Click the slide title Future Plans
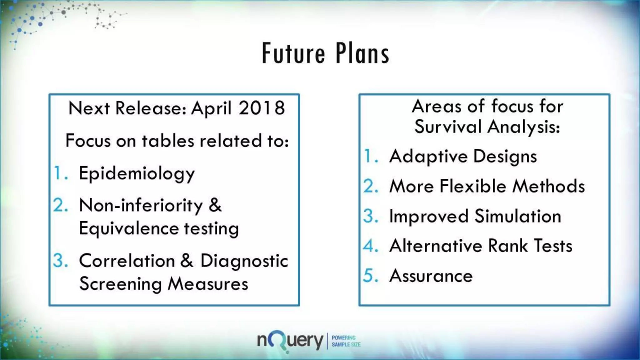(x=325, y=53)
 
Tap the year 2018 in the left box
(x=262, y=108)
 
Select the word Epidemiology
(x=137, y=174)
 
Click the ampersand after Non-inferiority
(x=215, y=205)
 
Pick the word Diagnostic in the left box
(x=244, y=261)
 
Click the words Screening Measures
(x=163, y=284)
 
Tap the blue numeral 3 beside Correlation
(x=60, y=261)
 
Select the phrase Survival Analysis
(x=487, y=127)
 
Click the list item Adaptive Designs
(x=463, y=156)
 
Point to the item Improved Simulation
(x=475, y=216)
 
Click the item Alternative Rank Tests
(x=481, y=246)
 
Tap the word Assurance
(x=431, y=276)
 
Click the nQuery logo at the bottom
(x=290, y=341)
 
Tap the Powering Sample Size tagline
(x=346, y=341)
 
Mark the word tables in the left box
(x=168, y=141)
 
